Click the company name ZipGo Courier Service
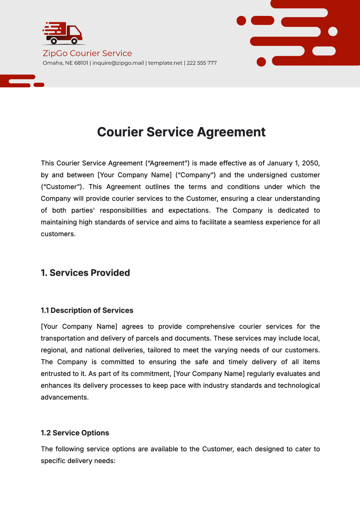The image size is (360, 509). point(87,53)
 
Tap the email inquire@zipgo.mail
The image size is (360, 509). point(118,63)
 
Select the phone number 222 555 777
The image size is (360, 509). point(202,63)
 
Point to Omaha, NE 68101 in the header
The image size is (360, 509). point(65,63)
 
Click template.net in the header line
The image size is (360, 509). point(165,63)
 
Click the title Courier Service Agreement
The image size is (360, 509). point(181,132)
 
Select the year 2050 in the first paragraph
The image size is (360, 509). point(310,163)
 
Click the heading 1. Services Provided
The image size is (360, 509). point(85,273)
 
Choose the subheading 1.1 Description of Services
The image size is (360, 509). point(87,310)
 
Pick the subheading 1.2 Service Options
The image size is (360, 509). point(75,433)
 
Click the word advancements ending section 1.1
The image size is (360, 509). point(64,397)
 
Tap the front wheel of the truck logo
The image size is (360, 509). point(74,41)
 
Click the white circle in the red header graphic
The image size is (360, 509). point(333,31)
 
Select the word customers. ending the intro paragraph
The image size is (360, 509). point(58,234)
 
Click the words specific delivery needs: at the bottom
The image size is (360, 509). point(78,461)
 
